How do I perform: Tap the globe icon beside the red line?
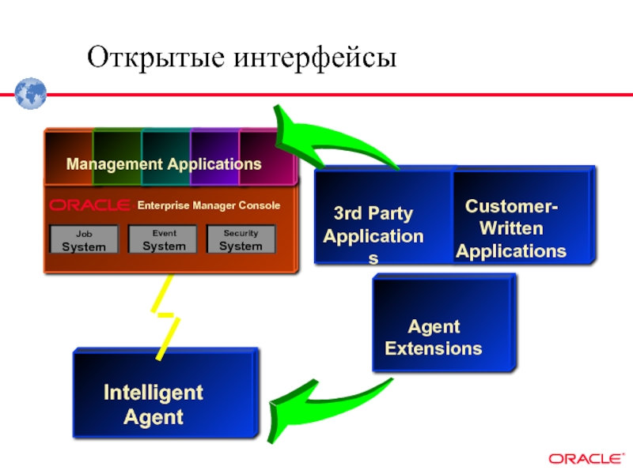(x=29, y=93)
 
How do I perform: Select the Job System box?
(x=84, y=239)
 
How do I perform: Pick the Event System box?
(x=163, y=239)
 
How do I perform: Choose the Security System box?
(x=241, y=239)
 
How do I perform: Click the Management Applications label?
(x=164, y=164)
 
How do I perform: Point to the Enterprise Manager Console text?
(x=209, y=205)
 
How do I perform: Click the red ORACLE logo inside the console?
(x=89, y=205)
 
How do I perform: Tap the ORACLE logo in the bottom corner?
(x=585, y=458)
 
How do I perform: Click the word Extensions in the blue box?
(x=434, y=348)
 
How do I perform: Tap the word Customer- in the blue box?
(x=511, y=207)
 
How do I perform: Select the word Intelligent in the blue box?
(x=154, y=393)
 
